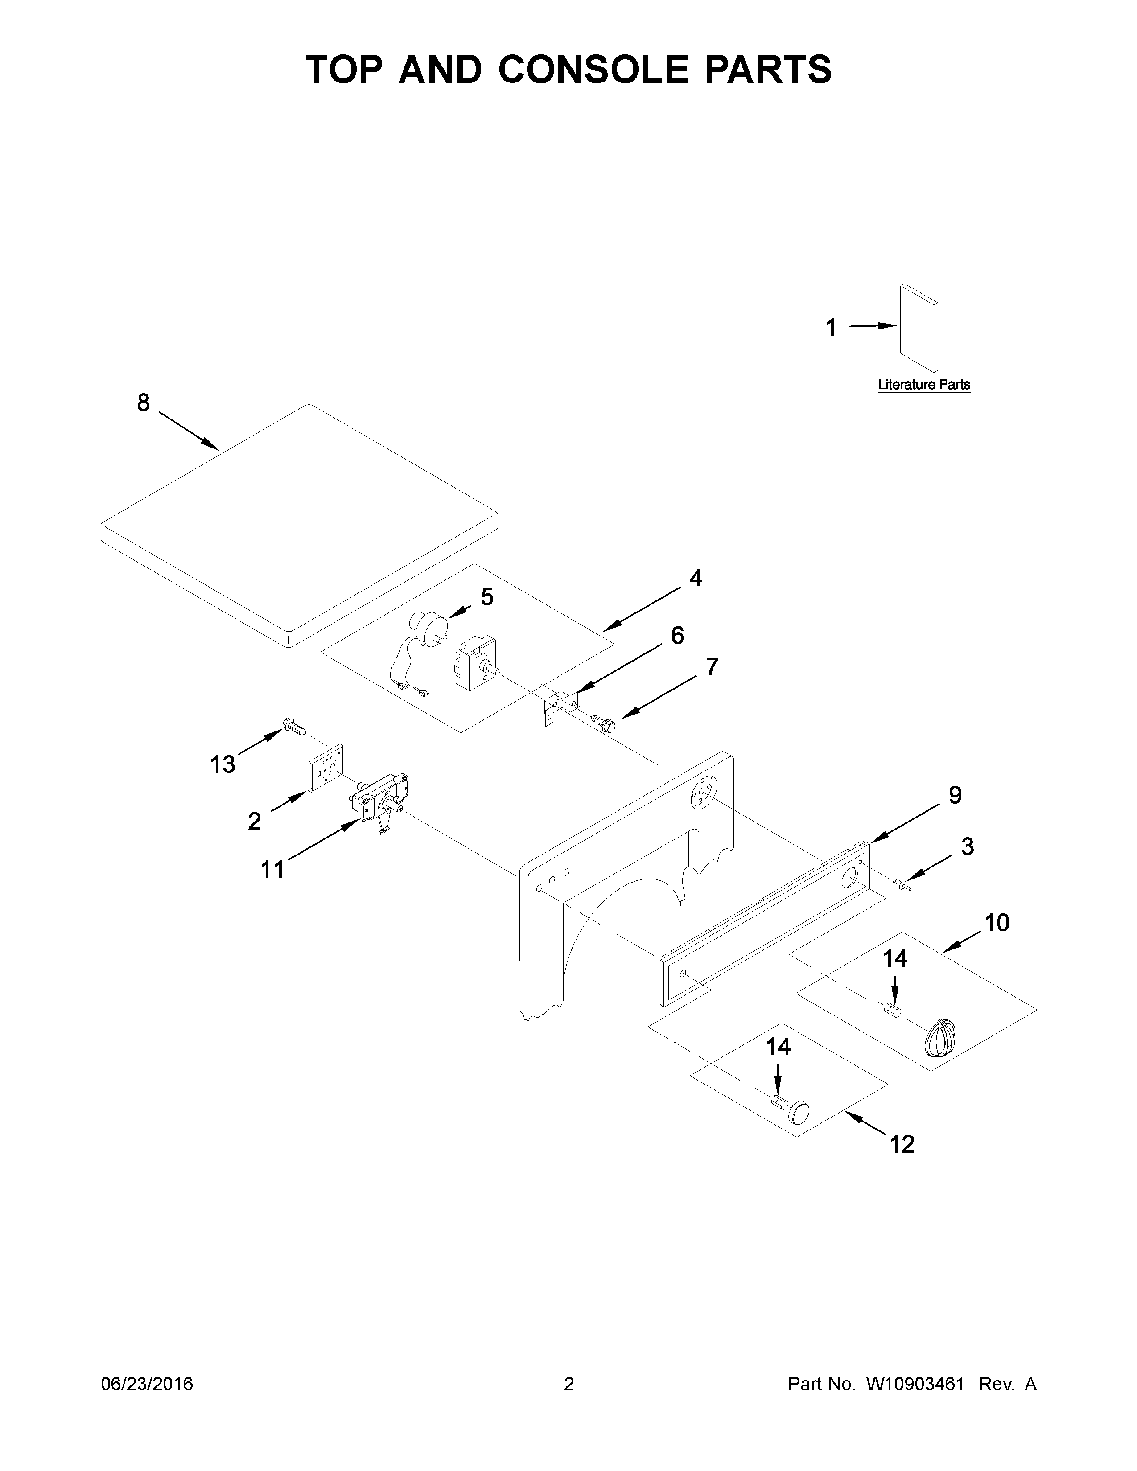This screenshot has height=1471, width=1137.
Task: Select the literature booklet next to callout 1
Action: [x=919, y=327]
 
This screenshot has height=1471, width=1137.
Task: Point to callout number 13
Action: [x=222, y=764]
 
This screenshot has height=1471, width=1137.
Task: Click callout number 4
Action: [x=696, y=577]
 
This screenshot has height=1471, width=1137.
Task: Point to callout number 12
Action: [x=902, y=1144]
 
